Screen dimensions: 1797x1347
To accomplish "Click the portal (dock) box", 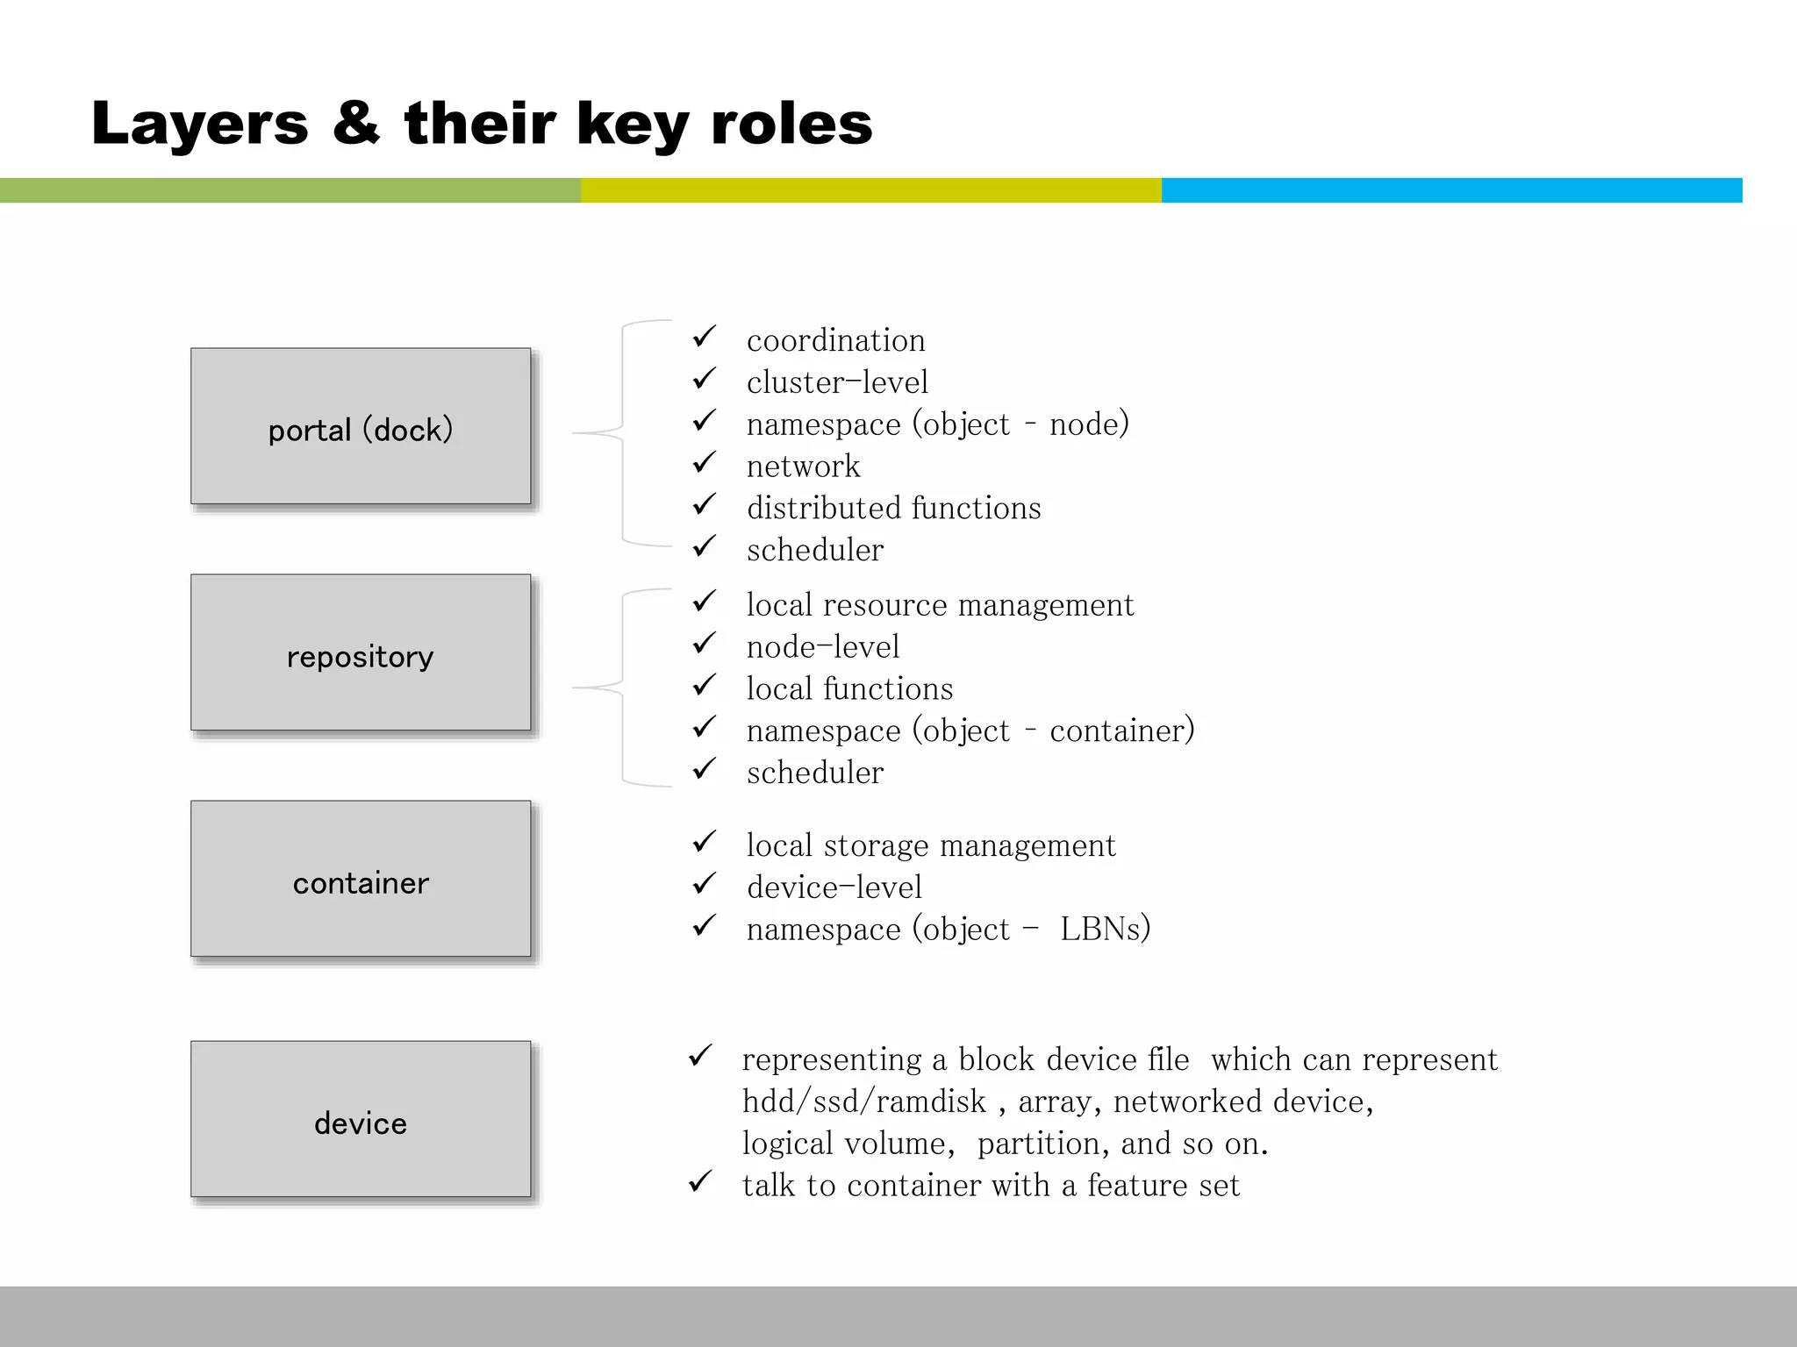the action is (x=361, y=426).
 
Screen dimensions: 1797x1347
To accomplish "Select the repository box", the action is (x=361, y=652).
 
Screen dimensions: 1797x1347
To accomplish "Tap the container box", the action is (x=361, y=879).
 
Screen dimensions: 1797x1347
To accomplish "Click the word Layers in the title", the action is (x=200, y=124).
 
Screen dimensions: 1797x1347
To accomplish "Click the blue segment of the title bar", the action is (x=1451, y=190).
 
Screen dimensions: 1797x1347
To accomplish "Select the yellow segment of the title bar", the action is (x=870, y=190).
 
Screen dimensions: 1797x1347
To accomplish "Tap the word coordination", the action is (x=835, y=340).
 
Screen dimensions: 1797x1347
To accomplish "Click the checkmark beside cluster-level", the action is (x=704, y=379).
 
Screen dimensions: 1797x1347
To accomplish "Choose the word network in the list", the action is (x=803, y=467).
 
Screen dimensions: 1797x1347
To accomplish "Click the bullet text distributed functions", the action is (x=893, y=509).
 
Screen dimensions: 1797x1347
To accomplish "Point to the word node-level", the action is (x=822, y=647).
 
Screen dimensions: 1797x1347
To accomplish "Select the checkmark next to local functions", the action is (x=704, y=686).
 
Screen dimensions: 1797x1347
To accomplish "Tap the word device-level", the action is (x=834, y=887).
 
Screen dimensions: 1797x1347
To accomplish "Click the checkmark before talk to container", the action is (x=699, y=1182).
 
